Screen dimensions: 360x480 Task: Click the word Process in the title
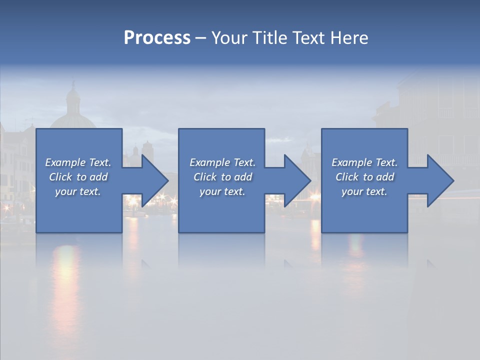point(157,38)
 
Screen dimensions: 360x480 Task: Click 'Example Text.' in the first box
point(78,162)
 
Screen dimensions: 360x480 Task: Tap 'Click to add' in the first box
point(78,177)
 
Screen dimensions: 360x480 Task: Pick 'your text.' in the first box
point(78,191)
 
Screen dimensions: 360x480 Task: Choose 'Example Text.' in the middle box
point(222,162)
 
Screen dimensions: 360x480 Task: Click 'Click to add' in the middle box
point(222,177)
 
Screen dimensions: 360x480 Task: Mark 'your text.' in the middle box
point(222,191)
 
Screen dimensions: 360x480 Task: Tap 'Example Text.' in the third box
point(364,162)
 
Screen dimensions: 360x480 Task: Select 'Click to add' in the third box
point(364,177)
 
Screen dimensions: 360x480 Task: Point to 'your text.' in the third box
point(364,191)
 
